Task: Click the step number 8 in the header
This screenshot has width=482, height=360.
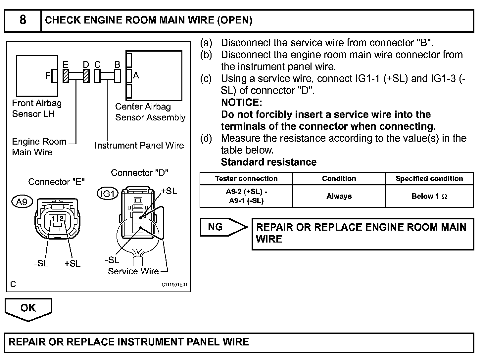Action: coord(23,20)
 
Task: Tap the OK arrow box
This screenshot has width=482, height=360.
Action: coord(28,308)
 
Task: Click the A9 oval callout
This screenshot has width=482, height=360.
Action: coord(22,202)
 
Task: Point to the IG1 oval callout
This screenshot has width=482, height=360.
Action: coord(108,194)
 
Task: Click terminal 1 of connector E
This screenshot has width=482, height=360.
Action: coord(53,218)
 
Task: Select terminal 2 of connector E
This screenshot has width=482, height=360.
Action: coord(62,218)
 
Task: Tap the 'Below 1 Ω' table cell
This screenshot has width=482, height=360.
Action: coord(429,196)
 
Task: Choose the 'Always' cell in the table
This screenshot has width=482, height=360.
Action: coord(339,196)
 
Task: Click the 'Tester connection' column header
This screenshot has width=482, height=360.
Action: coord(246,179)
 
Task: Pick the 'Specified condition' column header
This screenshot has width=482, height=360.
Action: coord(429,179)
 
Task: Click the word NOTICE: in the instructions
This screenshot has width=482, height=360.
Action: coord(241,102)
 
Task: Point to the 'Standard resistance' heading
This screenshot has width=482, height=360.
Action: coord(268,162)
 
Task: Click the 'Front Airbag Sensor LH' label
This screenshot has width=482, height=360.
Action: coord(37,109)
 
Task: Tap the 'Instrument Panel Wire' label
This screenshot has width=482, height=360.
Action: coord(139,146)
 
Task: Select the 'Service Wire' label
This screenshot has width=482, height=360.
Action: coord(133,271)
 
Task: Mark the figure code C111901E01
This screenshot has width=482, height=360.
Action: coord(174,285)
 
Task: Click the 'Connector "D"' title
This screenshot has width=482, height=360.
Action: coord(139,173)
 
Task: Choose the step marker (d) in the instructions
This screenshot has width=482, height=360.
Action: coord(206,138)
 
